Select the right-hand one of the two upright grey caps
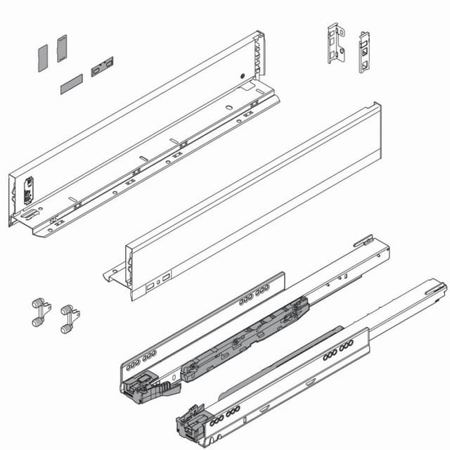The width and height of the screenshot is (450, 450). [62, 48]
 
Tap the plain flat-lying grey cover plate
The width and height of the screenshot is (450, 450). [71, 84]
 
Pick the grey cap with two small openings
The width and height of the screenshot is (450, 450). [102, 67]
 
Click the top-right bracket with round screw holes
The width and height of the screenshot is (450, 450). [336, 43]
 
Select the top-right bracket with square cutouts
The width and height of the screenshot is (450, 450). [364, 51]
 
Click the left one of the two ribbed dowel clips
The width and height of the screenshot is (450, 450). [40, 311]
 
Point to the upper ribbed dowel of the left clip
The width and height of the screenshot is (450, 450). [37, 304]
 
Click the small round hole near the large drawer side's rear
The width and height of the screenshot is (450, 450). [240, 77]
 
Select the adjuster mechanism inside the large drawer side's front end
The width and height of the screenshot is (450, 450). [29, 190]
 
